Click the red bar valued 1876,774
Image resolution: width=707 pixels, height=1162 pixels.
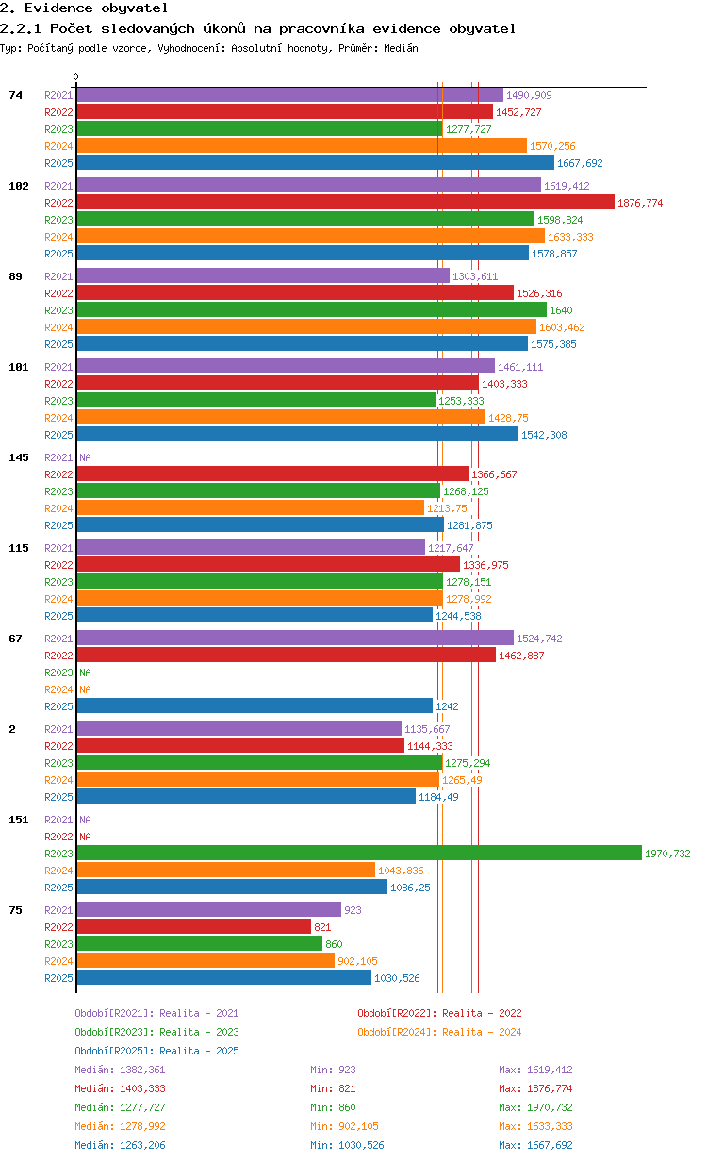pos(346,202)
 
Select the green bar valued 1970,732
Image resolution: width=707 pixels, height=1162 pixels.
pos(359,853)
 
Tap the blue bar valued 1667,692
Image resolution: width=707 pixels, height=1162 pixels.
pos(316,162)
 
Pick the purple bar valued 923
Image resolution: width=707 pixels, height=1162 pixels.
pos(209,909)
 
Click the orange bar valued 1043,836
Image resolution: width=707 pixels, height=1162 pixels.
pos(226,870)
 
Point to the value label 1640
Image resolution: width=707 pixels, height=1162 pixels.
pos(561,310)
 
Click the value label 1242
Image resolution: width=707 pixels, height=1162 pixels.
pos(447,706)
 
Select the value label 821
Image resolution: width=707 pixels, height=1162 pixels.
pos(322,927)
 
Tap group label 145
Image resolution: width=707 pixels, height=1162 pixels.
pos(19,457)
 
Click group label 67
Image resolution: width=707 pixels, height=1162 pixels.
pos(15,639)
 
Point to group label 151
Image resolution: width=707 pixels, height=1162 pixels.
pos(19,820)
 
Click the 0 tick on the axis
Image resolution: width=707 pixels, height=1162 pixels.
pos(75,76)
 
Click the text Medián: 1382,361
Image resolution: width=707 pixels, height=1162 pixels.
pos(121,1070)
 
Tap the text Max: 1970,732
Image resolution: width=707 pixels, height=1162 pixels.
pos(536,1107)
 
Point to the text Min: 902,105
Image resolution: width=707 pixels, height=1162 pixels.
pos(345,1126)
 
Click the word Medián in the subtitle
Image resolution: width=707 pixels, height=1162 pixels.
pos(402,48)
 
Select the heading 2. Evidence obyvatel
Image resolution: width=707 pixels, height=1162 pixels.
pos(84,8)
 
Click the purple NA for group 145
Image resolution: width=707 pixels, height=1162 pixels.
pos(85,457)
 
